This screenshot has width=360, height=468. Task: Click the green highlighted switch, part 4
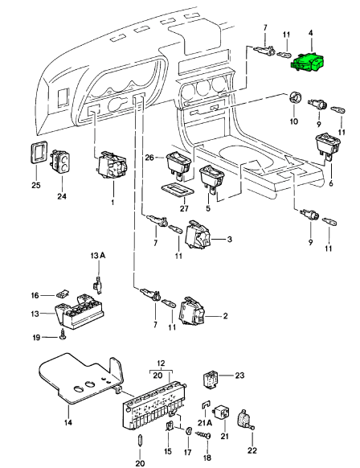point(307,62)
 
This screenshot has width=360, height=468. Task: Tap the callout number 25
point(36,185)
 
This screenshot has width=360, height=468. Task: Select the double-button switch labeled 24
point(62,161)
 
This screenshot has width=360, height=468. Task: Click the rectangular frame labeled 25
point(38,152)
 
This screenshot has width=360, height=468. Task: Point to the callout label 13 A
point(98,256)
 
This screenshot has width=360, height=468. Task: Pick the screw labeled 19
point(63,334)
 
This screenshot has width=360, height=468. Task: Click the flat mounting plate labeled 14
point(80,378)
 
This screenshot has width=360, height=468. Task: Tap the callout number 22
point(252,450)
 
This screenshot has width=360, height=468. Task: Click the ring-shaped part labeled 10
point(295,97)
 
